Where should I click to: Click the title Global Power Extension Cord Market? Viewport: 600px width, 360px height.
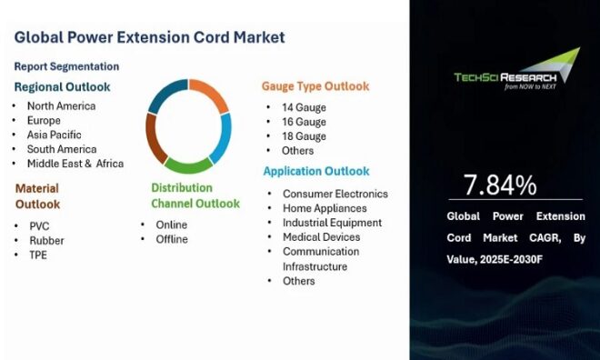tap(149, 37)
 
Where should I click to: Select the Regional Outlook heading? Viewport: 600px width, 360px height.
tap(62, 87)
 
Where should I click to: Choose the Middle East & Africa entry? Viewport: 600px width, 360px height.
tap(75, 164)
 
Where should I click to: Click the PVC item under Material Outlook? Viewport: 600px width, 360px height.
tap(39, 225)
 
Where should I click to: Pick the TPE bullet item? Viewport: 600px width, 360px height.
tap(37, 255)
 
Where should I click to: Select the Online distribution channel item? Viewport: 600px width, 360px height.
tap(171, 225)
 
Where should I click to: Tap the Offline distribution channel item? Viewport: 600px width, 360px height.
tap(172, 239)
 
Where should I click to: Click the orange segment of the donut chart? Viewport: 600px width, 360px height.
tap(211, 96)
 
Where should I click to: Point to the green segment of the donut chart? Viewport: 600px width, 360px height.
tap(188, 165)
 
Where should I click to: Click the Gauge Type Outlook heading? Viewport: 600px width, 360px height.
tap(315, 86)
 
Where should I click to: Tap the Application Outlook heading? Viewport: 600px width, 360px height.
tap(316, 171)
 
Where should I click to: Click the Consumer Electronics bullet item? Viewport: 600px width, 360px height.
tap(335, 194)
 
